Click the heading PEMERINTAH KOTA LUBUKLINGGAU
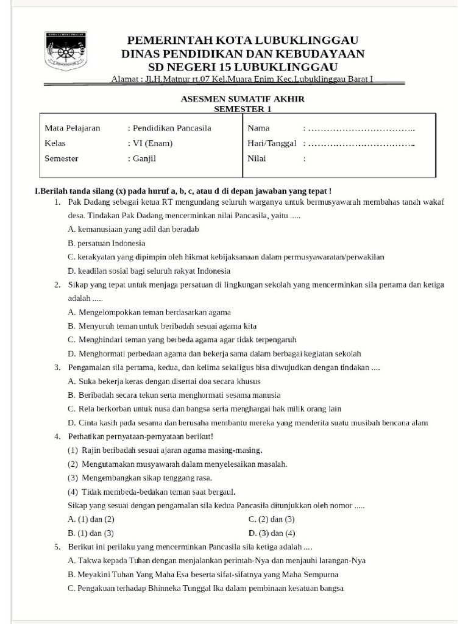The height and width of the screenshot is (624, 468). point(243,40)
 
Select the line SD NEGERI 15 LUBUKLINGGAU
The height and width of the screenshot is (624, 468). point(243,66)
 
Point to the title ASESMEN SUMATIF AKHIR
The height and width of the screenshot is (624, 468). point(243,99)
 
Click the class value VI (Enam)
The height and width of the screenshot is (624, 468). point(151,143)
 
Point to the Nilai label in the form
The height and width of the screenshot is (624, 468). point(257,158)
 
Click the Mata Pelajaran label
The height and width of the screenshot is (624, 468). point(73,128)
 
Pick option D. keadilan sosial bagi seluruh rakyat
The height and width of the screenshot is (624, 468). point(149,271)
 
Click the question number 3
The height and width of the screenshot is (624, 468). point(56,367)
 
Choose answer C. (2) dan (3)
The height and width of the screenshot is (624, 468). point(271,519)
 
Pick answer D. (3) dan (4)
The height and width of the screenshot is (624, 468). point(271,533)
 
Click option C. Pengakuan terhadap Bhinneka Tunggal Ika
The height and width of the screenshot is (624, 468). point(206,589)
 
